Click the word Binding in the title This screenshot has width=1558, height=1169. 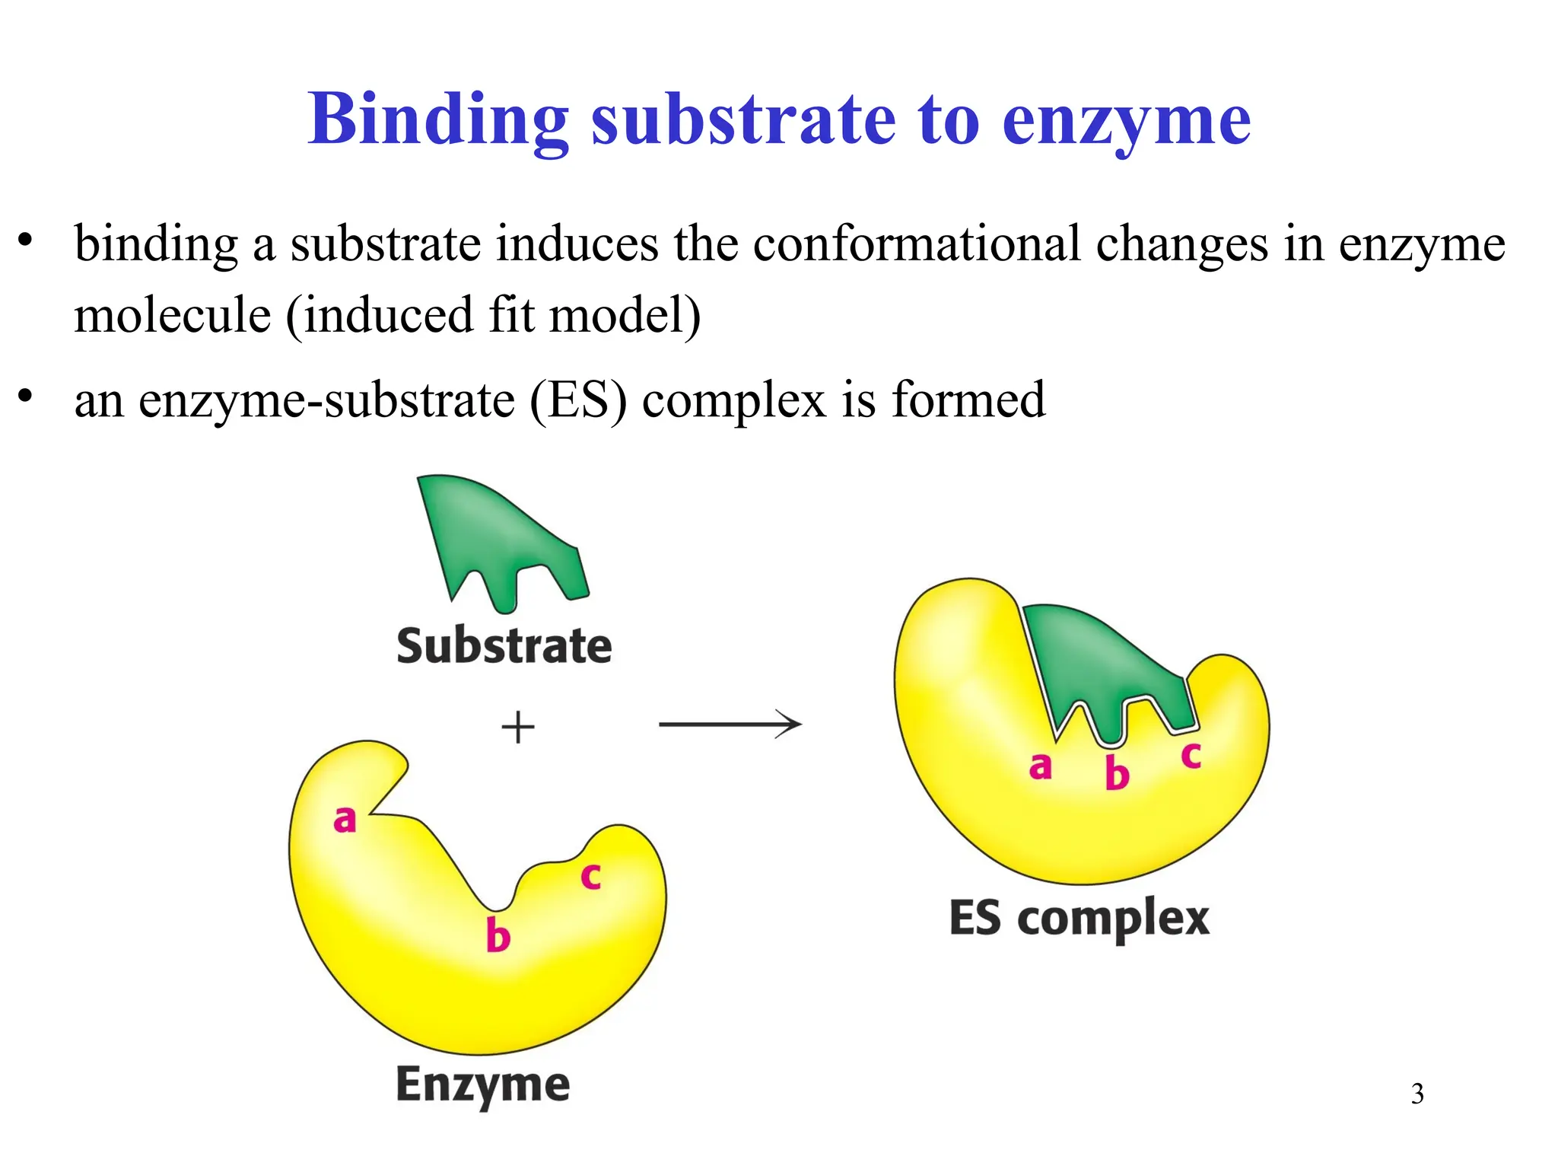pos(437,120)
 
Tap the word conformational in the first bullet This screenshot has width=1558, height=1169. pos(917,245)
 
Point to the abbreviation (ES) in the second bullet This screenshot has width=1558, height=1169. pos(577,400)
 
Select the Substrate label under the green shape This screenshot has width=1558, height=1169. pos(504,647)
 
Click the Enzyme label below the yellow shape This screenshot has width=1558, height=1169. pos(482,1085)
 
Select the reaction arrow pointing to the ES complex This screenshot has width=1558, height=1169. pos(730,724)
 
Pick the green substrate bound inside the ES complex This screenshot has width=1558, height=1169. pos(1095,662)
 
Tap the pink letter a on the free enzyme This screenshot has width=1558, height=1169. pos(345,820)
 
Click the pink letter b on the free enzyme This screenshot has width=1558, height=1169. pos(498,935)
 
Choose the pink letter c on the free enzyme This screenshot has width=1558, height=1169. pos(591,877)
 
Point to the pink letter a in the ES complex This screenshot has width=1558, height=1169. pos(1040,766)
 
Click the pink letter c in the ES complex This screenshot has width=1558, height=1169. pos(1191,756)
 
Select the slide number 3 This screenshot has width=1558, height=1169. pos(1417,1094)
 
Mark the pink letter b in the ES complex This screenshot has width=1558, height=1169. pos(1117,773)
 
